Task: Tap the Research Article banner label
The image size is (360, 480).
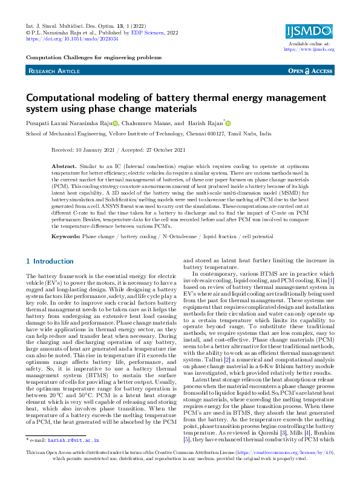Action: (54, 71)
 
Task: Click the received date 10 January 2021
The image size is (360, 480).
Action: (102, 149)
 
